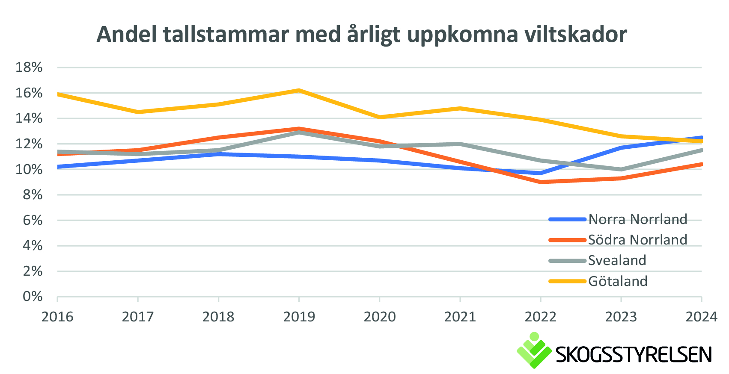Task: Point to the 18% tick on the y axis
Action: pyautogui.click(x=29, y=68)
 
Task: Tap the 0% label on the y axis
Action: pyautogui.click(x=33, y=297)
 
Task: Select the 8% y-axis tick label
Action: pyautogui.click(x=33, y=195)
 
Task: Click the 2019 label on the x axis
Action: pyautogui.click(x=299, y=317)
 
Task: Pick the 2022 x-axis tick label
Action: pyautogui.click(x=540, y=317)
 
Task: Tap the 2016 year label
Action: pyautogui.click(x=57, y=317)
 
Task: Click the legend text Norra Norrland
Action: pyautogui.click(x=637, y=219)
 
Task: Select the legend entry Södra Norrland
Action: pyautogui.click(x=637, y=240)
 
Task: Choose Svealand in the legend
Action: pyautogui.click(x=617, y=260)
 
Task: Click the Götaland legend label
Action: pyautogui.click(x=618, y=281)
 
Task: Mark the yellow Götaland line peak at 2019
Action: pyautogui.click(x=299, y=91)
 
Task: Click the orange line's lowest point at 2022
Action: pyautogui.click(x=541, y=182)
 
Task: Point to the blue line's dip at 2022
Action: pyautogui.click(x=541, y=173)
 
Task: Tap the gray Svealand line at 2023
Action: pyautogui.click(x=621, y=169)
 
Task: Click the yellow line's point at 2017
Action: pyautogui.click(x=138, y=112)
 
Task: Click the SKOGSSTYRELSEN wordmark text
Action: pyautogui.click(x=634, y=355)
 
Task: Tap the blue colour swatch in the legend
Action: pyautogui.click(x=567, y=219)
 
